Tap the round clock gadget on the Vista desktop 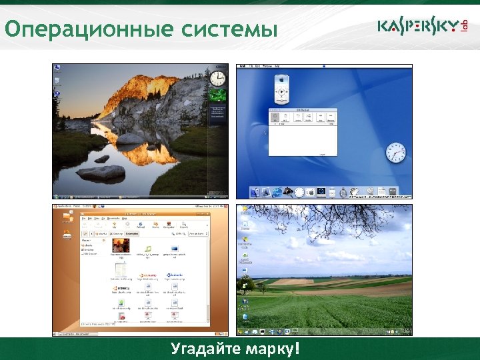pos(217,79)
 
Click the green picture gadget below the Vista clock pos(217,95)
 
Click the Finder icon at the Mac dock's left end pos(255,192)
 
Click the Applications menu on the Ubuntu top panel pos(64,208)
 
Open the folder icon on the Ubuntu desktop pos(67,234)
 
